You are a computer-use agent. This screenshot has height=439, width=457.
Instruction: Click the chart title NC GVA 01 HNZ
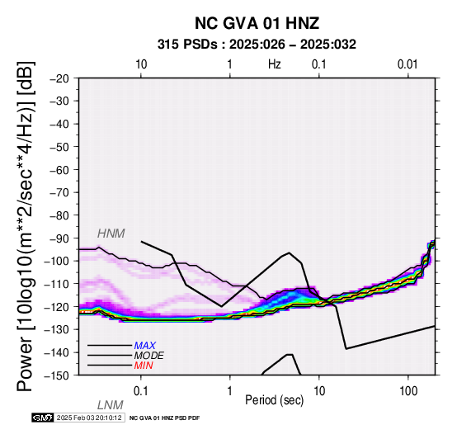click(257, 23)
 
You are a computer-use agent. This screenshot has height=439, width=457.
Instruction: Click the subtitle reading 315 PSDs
click(187, 45)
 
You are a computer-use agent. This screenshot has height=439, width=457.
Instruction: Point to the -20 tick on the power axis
click(59, 78)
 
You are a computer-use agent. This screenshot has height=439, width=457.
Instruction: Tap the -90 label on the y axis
click(59, 238)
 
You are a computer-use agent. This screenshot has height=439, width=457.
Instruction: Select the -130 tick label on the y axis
click(57, 329)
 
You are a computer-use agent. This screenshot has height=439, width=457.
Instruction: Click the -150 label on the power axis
click(57, 375)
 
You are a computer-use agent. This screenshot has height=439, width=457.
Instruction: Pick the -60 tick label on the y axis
click(59, 170)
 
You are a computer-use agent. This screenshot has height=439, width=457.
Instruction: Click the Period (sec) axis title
click(274, 400)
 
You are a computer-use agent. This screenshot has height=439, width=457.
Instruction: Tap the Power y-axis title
click(25, 226)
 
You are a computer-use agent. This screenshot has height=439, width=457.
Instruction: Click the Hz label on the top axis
click(274, 64)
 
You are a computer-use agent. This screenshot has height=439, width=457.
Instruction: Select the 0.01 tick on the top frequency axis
click(408, 64)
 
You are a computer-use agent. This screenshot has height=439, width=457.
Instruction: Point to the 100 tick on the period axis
click(408, 391)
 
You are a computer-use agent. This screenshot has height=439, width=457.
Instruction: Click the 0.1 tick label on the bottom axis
click(141, 391)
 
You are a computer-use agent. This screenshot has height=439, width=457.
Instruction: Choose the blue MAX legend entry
click(145, 346)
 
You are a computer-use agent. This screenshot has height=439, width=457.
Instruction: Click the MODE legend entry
click(149, 356)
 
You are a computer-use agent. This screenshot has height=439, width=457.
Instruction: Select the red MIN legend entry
click(144, 366)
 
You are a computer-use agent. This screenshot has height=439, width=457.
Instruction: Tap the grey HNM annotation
click(111, 234)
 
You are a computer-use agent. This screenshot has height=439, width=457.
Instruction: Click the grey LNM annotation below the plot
click(111, 405)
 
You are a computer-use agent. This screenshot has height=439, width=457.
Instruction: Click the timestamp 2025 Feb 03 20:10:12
click(89, 418)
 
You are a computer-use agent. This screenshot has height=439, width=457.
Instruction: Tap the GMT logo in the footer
click(42, 418)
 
